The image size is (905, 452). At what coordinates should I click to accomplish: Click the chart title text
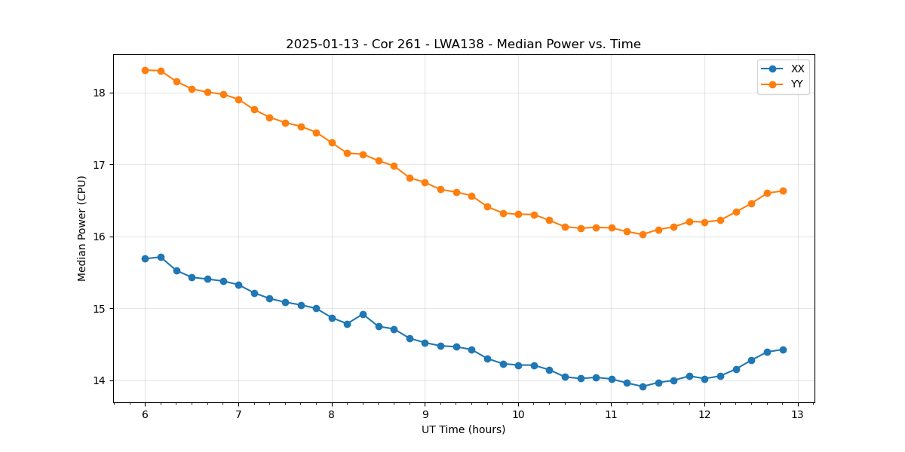pyautogui.click(x=463, y=44)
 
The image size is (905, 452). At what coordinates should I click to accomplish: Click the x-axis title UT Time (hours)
pyautogui.click(x=463, y=429)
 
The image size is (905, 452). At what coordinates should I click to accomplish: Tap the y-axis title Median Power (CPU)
pyautogui.click(x=82, y=228)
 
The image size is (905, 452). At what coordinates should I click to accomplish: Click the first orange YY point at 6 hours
pyautogui.click(x=145, y=70)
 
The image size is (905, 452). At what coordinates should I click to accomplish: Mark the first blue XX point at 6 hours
pyautogui.click(x=145, y=258)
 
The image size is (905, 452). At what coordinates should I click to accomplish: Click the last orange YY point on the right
pyautogui.click(x=783, y=191)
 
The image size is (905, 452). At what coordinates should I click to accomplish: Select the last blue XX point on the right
pyautogui.click(x=783, y=350)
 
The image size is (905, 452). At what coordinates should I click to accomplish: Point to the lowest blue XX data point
pyautogui.click(x=643, y=386)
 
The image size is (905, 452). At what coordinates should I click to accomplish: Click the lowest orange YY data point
pyautogui.click(x=643, y=234)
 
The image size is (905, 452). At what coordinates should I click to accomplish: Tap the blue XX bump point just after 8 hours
pyautogui.click(x=363, y=314)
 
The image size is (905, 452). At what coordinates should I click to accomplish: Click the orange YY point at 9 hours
pyautogui.click(x=425, y=182)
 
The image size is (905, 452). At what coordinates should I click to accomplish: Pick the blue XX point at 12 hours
pyautogui.click(x=704, y=379)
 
